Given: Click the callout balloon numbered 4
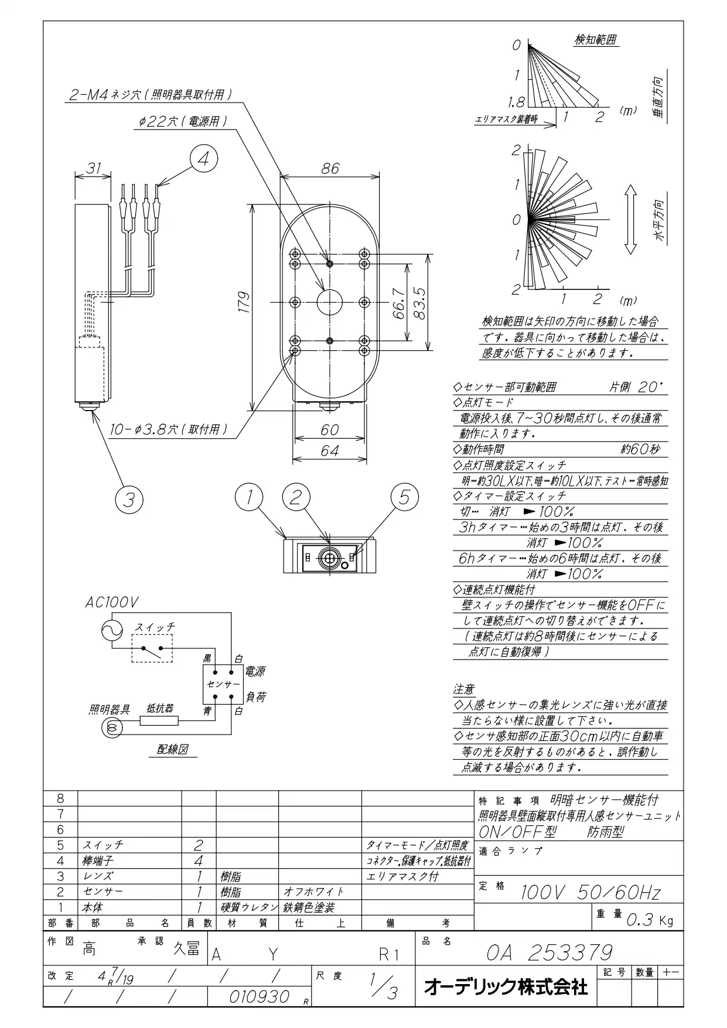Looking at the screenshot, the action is coord(203,159).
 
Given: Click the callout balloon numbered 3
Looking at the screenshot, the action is coord(129,500).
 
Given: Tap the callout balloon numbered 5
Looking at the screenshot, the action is coord(405,497).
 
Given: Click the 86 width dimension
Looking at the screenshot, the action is coord(330,168).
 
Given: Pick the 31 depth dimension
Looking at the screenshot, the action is coord(94,168).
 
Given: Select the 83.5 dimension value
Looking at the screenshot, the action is coord(419,302).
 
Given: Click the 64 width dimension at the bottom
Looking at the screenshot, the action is coord(330,451).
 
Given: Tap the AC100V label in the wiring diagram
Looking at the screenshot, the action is coord(112,603).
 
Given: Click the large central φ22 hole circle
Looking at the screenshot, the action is coord(330,302).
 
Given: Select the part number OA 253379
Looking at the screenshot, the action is coord(549,952).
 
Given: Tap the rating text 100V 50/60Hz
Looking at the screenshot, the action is coord(591,893).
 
